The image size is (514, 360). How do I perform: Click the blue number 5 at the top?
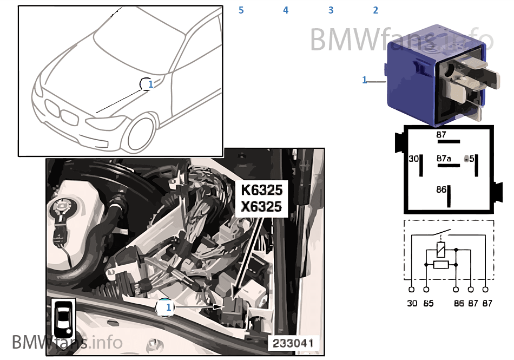[x=241, y=10]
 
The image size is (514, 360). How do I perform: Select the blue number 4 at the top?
[x=286, y=10]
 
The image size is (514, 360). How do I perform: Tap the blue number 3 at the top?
[x=331, y=10]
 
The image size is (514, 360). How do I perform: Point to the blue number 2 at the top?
[x=375, y=10]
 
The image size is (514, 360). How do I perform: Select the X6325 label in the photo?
[x=262, y=207]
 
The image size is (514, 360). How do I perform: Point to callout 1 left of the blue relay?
[x=365, y=80]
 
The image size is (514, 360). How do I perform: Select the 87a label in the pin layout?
[x=444, y=159]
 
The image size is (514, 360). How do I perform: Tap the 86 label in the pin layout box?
[x=441, y=189]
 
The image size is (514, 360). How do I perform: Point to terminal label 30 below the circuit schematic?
[x=412, y=304]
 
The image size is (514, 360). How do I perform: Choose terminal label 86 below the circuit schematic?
[x=459, y=304]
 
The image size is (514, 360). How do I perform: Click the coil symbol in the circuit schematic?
[x=441, y=250]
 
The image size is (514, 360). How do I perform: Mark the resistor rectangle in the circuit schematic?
[x=441, y=265]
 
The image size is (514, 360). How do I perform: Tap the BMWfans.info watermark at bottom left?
[x=67, y=342]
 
